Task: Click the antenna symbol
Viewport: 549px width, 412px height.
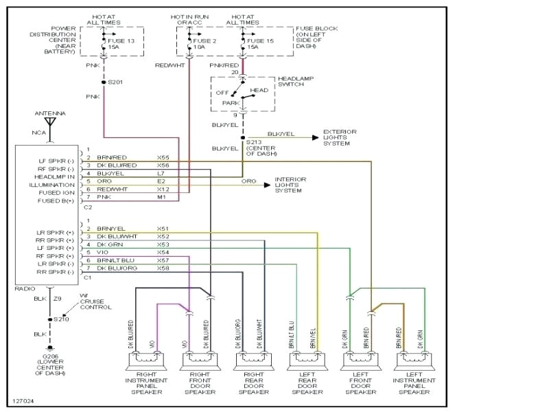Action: [49, 126]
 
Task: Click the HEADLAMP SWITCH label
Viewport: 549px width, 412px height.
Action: [296, 82]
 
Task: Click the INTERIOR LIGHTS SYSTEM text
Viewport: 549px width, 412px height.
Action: [291, 185]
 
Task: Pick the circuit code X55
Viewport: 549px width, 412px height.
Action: [163, 157]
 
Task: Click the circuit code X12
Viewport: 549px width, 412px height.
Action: [163, 190]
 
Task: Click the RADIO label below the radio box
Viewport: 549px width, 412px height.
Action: [25, 289]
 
